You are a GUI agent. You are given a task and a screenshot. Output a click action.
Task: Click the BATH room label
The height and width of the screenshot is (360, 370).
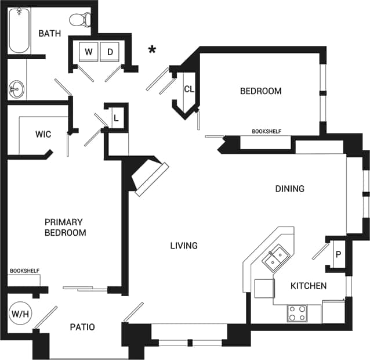click(x=50, y=33)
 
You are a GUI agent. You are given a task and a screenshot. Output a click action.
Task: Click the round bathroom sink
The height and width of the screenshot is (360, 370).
click(x=15, y=89)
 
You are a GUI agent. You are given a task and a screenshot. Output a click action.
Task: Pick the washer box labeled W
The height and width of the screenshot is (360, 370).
click(x=89, y=52)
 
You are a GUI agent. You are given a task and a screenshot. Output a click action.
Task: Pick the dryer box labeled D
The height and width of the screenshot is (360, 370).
click(x=110, y=52)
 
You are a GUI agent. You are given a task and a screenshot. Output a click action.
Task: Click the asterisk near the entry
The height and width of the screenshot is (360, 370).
click(x=152, y=50)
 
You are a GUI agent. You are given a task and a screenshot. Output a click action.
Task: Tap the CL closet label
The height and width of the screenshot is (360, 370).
click(x=188, y=89)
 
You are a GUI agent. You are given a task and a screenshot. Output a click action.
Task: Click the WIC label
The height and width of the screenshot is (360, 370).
click(x=43, y=135)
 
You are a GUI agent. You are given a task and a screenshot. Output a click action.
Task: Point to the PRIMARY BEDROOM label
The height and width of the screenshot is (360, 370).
click(x=66, y=227)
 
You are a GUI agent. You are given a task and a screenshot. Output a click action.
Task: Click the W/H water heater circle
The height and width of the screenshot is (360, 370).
click(x=19, y=314)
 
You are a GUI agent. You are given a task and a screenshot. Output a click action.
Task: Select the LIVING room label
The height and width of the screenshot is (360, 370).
click(x=183, y=246)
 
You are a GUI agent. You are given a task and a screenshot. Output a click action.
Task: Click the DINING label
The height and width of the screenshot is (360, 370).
click(x=289, y=189)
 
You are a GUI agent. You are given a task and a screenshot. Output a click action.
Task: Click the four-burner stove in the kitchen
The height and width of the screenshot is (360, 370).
click(x=298, y=314)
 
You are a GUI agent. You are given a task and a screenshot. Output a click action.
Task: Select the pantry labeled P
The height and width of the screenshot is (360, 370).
click(x=338, y=254)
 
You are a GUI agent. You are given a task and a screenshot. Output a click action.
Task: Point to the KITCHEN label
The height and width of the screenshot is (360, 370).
click(x=308, y=286)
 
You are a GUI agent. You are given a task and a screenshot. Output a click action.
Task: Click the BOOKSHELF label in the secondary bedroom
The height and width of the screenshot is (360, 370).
click(x=266, y=131)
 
